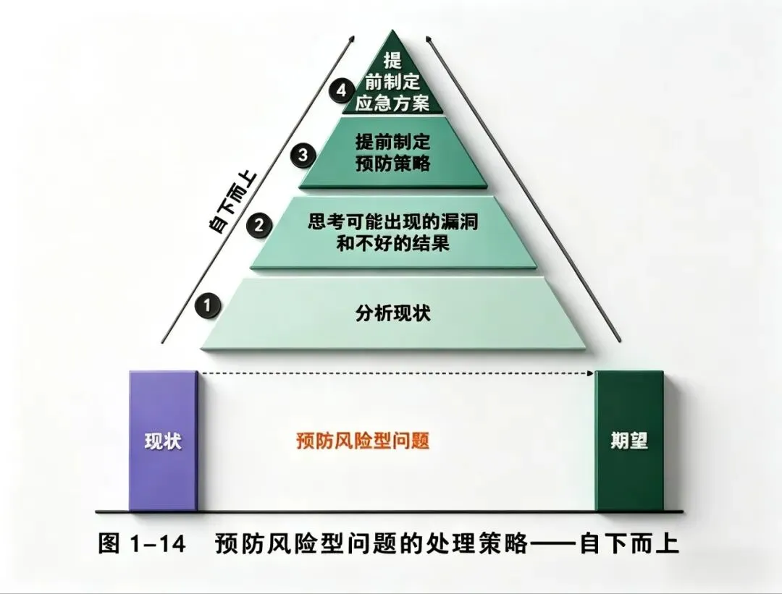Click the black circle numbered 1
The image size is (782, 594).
(208, 306)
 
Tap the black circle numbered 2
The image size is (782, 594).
(258, 226)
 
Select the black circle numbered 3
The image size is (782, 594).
(303, 154)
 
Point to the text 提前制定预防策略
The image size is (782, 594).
(394, 153)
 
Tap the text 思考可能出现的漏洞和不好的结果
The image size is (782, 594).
(393, 233)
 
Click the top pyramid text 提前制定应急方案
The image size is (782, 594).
(393, 81)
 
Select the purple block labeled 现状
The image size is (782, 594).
(163, 441)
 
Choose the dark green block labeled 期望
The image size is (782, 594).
(628, 441)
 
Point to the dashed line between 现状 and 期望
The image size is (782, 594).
(395, 373)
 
